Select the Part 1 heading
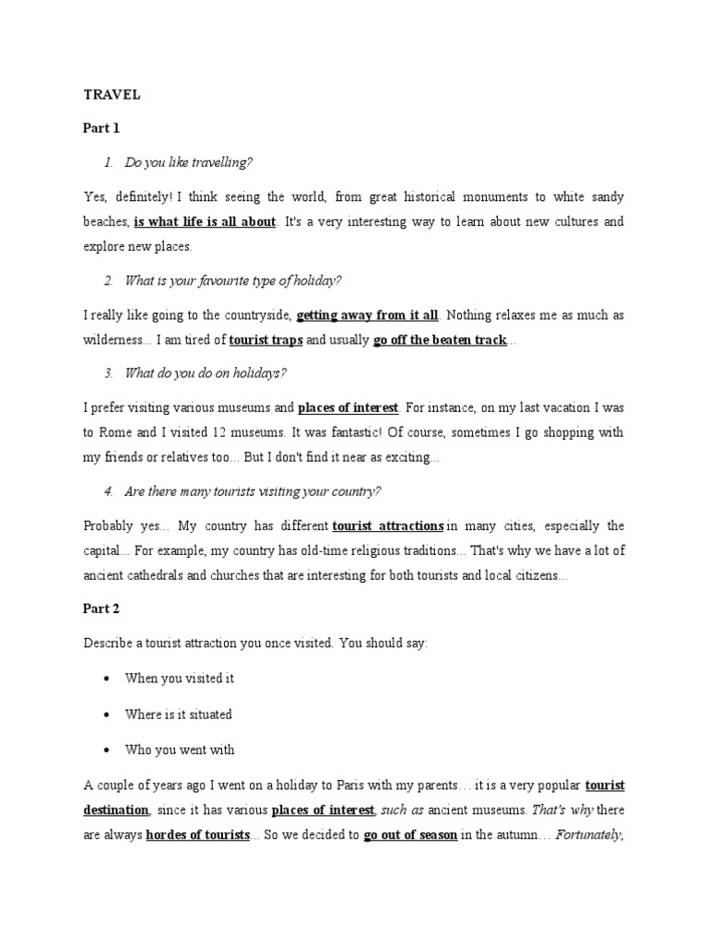click(x=101, y=128)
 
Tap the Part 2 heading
click(x=101, y=608)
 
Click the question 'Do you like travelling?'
click(x=188, y=162)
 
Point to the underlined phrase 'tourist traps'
click(x=265, y=340)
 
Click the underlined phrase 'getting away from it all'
click(x=368, y=315)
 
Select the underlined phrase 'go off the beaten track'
click(x=440, y=340)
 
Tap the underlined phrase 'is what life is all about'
click(x=205, y=222)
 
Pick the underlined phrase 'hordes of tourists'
click(x=198, y=835)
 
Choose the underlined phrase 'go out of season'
click(x=410, y=835)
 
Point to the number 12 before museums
click(x=215, y=432)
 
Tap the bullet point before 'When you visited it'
click(x=106, y=678)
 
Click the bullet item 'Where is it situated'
click(x=178, y=714)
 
